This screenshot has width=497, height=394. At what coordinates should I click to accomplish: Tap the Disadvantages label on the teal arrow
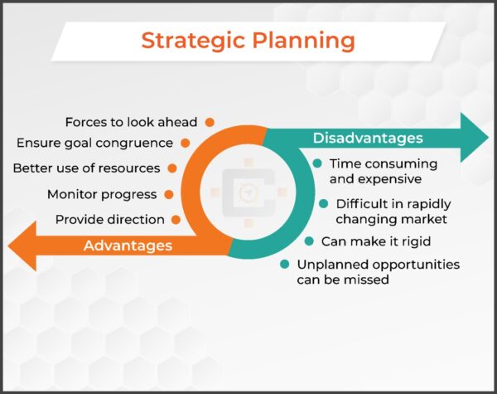[367, 138]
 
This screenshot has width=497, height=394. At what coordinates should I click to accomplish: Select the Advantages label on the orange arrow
[128, 246]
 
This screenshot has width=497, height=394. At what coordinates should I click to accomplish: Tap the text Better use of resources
[86, 168]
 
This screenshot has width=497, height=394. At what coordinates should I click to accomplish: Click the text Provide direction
[109, 220]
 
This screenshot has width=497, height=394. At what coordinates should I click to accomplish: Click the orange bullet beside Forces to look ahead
[210, 122]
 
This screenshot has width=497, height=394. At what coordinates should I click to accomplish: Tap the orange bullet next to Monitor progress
[169, 194]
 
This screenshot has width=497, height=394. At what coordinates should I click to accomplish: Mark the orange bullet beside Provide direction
[176, 220]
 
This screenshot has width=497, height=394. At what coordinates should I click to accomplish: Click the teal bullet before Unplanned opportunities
[284, 265]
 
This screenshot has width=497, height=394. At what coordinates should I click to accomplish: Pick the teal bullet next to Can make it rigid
[308, 241]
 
